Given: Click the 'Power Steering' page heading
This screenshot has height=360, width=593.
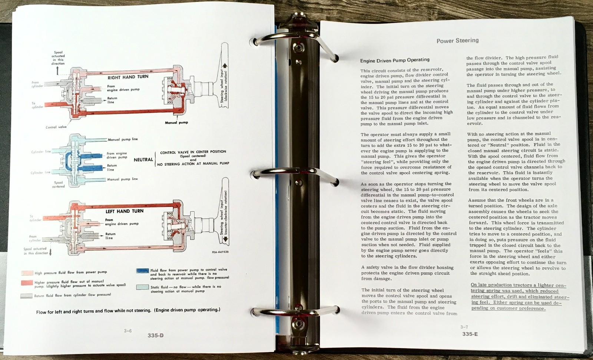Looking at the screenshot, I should click(x=457, y=40).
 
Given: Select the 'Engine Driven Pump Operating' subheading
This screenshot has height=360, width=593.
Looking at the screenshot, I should click(x=395, y=60).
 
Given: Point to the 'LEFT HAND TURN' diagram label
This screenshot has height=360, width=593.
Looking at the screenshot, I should click(x=124, y=211).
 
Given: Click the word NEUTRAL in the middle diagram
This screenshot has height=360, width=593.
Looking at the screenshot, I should click(x=143, y=159).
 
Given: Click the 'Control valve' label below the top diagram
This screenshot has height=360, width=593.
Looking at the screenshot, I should click(x=56, y=127).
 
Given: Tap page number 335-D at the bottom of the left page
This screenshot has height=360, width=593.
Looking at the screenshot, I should click(x=155, y=336).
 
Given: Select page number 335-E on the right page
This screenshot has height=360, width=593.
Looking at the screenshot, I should click(x=470, y=334).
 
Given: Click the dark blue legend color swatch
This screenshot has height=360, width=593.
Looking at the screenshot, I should click(x=142, y=271).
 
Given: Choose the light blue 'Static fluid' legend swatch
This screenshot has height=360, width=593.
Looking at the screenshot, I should click(x=142, y=287).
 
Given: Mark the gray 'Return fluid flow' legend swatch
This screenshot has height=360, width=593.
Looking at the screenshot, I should click(x=27, y=296).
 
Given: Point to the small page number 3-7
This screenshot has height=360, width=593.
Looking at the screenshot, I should click(x=464, y=327).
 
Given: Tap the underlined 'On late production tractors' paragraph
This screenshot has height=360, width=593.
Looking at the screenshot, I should click(x=519, y=297).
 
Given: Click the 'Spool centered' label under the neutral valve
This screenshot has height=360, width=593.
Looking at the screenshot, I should click(x=59, y=184).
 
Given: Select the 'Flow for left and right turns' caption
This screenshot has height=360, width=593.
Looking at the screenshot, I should click(x=128, y=311).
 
